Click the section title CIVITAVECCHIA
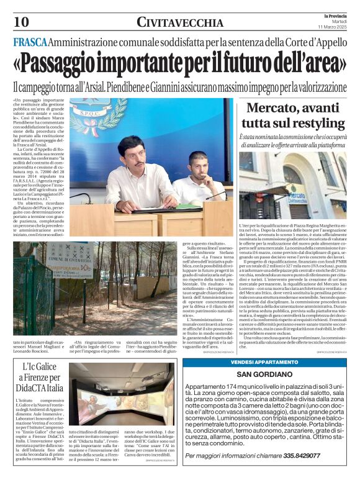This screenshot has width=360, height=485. pos(180,23)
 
